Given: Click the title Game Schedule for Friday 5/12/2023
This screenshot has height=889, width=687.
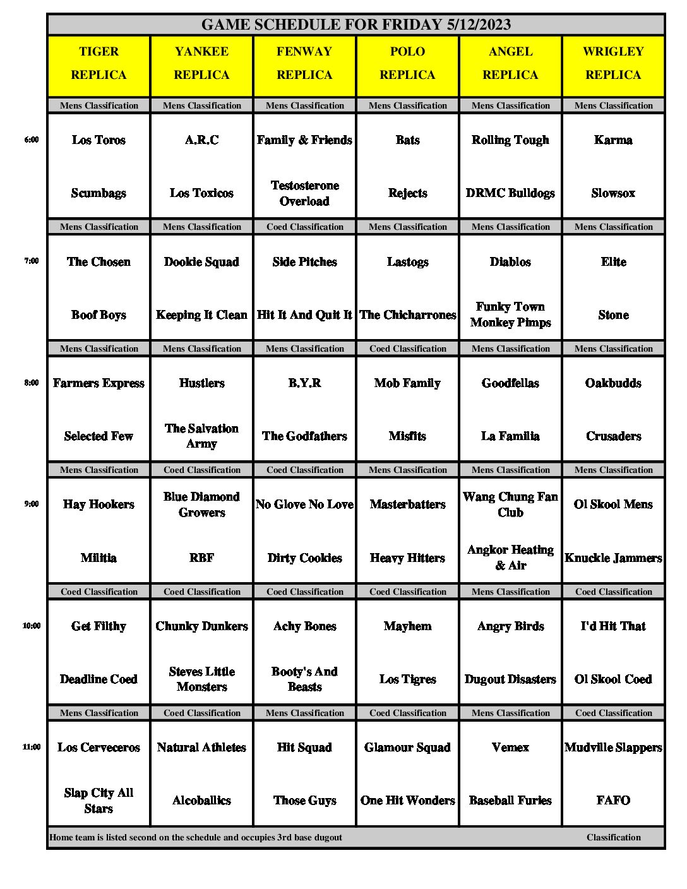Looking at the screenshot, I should pyautogui.click(x=355, y=25).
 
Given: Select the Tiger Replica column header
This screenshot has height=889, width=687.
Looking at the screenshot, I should pyautogui.click(x=99, y=63).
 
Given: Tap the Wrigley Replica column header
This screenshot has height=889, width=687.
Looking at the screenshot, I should pyautogui.click(x=613, y=63).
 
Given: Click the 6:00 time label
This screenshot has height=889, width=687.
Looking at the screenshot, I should pyautogui.click(x=32, y=140).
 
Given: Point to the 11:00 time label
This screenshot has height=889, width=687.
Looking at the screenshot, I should pyautogui.click(x=32, y=748).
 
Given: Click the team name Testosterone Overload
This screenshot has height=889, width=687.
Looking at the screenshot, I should pyautogui.click(x=304, y=193).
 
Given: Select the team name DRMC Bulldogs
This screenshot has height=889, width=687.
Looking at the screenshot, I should pyautogui.click(x=510, y=193).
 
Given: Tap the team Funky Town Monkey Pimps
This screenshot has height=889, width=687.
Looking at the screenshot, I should pyautogui.click(x=510, y=314).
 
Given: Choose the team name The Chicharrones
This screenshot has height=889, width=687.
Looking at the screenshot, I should pyautogui.click(x=407, y=315).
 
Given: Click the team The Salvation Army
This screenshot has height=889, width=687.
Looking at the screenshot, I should pyautogui.click(x=201, y=436).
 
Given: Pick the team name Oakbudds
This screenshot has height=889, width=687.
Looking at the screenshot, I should pyautogui.click(x=613, y=383).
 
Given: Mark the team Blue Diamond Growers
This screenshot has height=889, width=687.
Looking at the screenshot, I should pyautogui.click(x=201, y=504).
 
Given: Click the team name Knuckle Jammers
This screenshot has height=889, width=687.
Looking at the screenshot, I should pyautogui.click(x=613, y=558).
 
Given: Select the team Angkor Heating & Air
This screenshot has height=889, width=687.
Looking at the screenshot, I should pyautogui.click(x=510, y=558).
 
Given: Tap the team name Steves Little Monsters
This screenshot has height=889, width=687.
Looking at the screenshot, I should pyautogui.click(x=201, y=679).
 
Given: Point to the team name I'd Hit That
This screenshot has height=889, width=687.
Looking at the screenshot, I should pyautogui.click(x=613, y=626).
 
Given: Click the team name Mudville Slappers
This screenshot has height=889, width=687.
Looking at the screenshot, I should pyautogui.click(x=613, y=748).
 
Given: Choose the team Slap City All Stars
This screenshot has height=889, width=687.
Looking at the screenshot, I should pyautogui.click(x=99, y=801).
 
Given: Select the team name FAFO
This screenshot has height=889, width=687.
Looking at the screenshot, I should pyautogui.click(x=613, y=801).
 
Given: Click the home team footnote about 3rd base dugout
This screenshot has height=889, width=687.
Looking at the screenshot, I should pyautogui.click(x=196, y=838).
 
